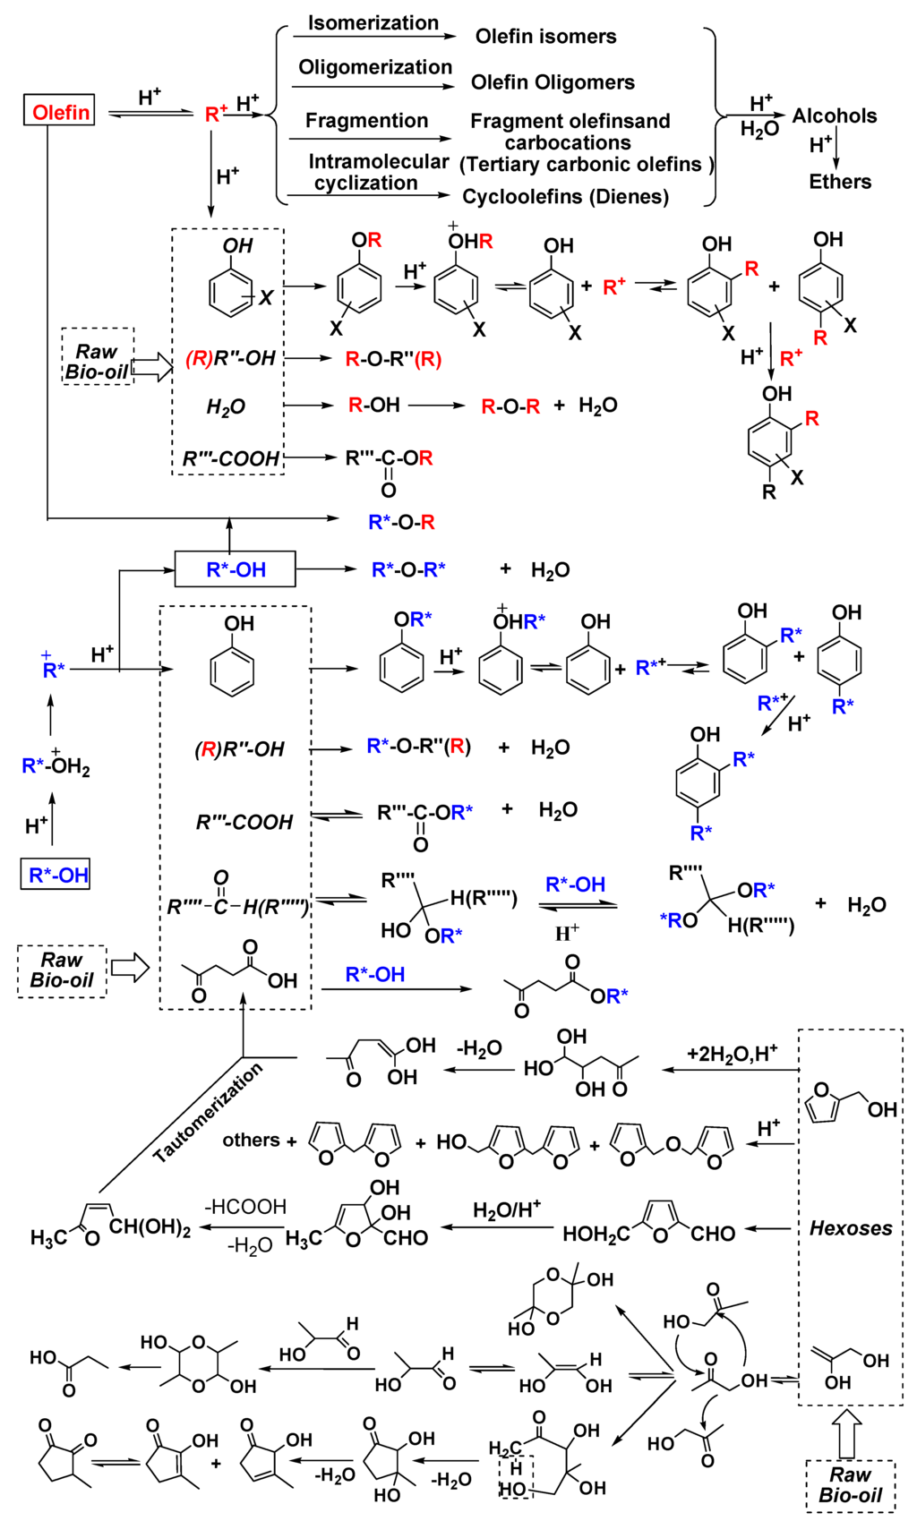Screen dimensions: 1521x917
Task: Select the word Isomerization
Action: click(x=373, y=23)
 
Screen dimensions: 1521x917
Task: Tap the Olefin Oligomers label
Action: click(x=553, y=82)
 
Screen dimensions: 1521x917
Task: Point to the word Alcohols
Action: click(x=834, y=115)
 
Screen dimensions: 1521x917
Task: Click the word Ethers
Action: click(x=839, y=182)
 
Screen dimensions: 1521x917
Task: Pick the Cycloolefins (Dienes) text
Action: click(x=565, y=197)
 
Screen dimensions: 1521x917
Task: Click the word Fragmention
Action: click(x=366, y=121)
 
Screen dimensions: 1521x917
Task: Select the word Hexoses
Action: click(x=850, y=1228)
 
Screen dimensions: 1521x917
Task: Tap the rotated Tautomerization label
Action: click(x=208, y=1113)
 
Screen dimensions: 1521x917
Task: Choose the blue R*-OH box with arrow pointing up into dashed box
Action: click(x=235, y=569)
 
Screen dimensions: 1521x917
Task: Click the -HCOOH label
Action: click(x=245, y=1207)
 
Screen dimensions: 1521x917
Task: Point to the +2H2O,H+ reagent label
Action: click(x=732, y=1053)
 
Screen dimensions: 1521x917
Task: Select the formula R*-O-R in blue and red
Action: click(x=401, y=522)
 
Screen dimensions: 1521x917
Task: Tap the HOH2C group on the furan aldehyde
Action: click(x=593, y=1234)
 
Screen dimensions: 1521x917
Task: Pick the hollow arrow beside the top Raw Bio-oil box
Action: click(x=152, y=366)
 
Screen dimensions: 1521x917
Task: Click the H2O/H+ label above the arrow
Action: click(x=506, y=1210)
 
